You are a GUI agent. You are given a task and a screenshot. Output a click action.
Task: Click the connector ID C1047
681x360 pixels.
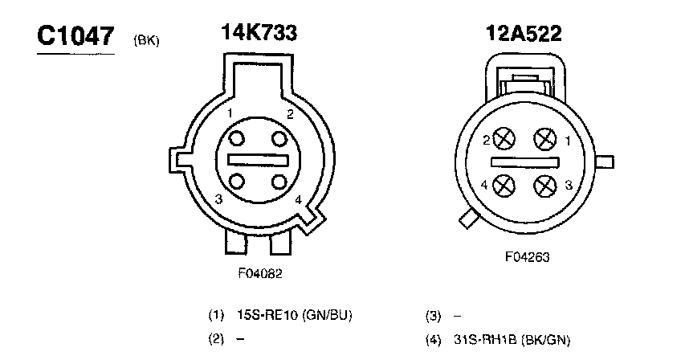(x=75, y=35)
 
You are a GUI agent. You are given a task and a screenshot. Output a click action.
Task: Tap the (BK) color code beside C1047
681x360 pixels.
(x=147, y=40)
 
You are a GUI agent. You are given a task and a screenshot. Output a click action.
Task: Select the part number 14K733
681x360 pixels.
(x=259, y=33)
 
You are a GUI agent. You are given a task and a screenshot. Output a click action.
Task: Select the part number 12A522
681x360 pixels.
(x=524, y=34)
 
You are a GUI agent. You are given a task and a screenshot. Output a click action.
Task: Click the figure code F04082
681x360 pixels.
(x=260, y=273)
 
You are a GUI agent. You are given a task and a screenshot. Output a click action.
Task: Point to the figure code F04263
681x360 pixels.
(x=527, y=257)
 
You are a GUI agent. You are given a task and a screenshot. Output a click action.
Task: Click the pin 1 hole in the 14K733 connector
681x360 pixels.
(x=237, y=139)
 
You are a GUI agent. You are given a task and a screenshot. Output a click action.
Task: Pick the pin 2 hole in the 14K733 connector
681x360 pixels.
(x=279, y=139)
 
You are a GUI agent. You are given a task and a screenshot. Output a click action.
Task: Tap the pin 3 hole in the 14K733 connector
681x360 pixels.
(x=237, y=182)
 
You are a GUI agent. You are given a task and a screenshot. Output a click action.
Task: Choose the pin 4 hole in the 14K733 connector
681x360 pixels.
(x=279, y=182)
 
